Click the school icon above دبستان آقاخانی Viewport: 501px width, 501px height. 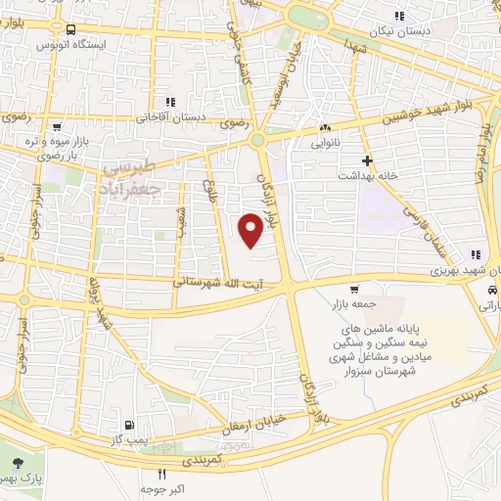pyautogui.click(x=170, y=101)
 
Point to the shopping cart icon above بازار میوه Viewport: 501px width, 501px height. pyautogui.click(x=58, y=127)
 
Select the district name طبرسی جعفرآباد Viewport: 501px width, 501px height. pyautogui.click(x=137, y=175)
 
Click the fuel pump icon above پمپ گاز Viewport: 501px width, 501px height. pyautogui.click(x=128, y=426)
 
